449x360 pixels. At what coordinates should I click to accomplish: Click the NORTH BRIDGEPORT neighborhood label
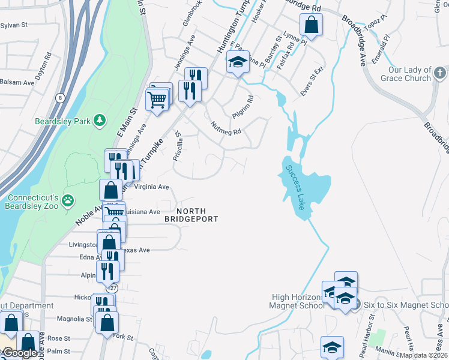pyautogui.click(x=191, y=214)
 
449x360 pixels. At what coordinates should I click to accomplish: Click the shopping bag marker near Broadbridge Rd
pyautogui.click(x=311, y=26)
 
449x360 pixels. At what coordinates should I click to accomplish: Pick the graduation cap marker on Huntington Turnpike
pyautogui.click(x=238, y=62)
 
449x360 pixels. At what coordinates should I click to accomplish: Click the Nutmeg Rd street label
pyautogui.click(x=226, y=128)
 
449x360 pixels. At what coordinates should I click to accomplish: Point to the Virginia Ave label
pyautogui.click(x=152, y=187)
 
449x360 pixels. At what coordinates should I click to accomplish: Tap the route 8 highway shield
pyautogui.click(x=60, y=98)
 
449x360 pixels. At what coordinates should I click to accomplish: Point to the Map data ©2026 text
pyautogui.click(x=423, y=355)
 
